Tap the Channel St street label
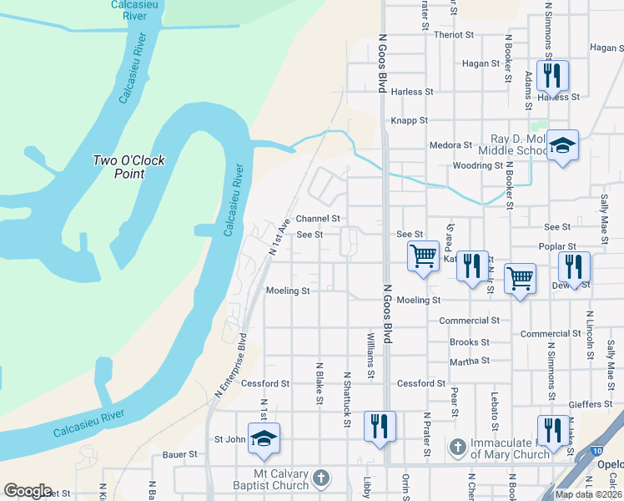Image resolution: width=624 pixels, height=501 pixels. pyautogui.click(x=319, y=218)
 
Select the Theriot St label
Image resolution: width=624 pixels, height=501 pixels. pyautogui.click(x=454, y=35)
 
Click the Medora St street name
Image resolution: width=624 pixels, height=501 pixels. pyautogui.click(x=450, y=145)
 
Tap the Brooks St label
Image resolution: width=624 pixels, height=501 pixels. pyautogui.click(x=470, y=342)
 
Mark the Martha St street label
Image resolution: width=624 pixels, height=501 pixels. pyautogui.click(x=470, y=362)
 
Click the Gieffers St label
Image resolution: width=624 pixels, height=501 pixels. pyautogui.click(x=591, y=405)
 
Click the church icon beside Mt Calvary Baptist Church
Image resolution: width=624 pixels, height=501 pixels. pyautogui.click(x=321, y=479)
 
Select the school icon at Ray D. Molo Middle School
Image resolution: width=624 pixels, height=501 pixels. pyautogui.click(x=562, y=147)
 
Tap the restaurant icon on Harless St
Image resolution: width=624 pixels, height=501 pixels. pyautogui.click(x=551, y=76)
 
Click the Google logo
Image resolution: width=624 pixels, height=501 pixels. pyautogui.click(x=28, y=491)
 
